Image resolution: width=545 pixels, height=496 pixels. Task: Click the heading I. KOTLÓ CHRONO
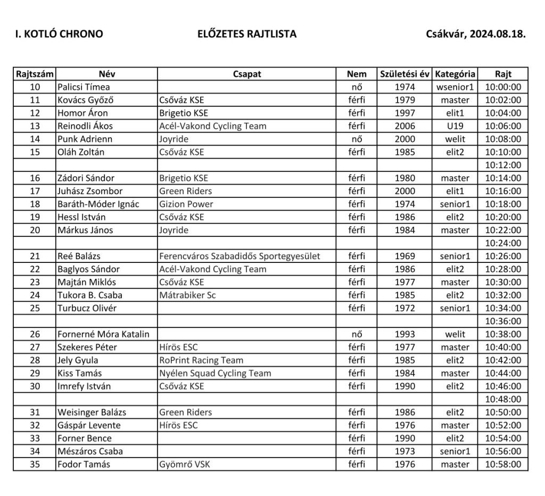tap(59, 35)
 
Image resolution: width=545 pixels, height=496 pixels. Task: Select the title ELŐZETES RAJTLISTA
tap(246, 35)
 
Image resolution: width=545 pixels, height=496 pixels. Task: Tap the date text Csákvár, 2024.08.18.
tap(475, 35)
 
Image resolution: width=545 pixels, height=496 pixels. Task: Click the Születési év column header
tap(404, 74)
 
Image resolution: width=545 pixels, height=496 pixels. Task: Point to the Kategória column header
tap(455, 74)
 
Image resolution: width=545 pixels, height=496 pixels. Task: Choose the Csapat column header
tap(247, 74)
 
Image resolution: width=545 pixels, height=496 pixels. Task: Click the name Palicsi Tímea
tap(84, 87)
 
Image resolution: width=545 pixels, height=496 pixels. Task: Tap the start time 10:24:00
tap(503, 243)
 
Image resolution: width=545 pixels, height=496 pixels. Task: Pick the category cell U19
tap(455, 126)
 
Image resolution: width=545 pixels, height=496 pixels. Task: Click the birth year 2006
tap(404, 126)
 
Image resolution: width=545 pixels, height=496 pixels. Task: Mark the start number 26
tap(35, 334)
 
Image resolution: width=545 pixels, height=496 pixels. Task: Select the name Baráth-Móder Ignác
tap(98, 204)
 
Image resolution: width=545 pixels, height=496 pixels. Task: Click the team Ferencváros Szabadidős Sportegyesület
tap(240, 256)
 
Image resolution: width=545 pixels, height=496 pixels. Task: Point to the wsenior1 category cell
tap(455, 87)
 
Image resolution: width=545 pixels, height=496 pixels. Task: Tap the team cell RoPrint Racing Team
tap(201, 360)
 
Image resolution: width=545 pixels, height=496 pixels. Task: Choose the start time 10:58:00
tap(503, 464)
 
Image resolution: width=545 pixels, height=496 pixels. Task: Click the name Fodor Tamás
tap(84, 464)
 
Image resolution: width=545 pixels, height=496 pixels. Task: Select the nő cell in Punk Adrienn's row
tap(357, 139)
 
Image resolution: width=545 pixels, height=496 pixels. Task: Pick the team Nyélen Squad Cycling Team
tap(215, 373)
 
